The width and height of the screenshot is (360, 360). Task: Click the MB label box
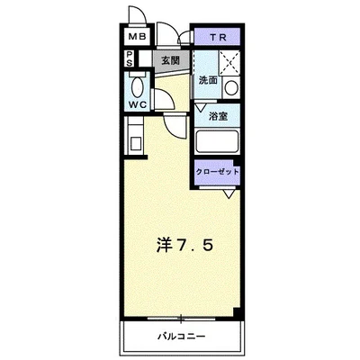(137, 37)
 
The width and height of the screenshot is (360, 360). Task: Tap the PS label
(130, 59)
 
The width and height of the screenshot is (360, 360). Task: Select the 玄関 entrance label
(169, 60)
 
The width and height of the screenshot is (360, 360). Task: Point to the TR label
(219, 37)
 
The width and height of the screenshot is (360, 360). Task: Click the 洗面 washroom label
(208, 80)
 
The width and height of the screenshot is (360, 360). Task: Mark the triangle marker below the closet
(230, 190)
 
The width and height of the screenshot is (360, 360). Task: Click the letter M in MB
(131, 37)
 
